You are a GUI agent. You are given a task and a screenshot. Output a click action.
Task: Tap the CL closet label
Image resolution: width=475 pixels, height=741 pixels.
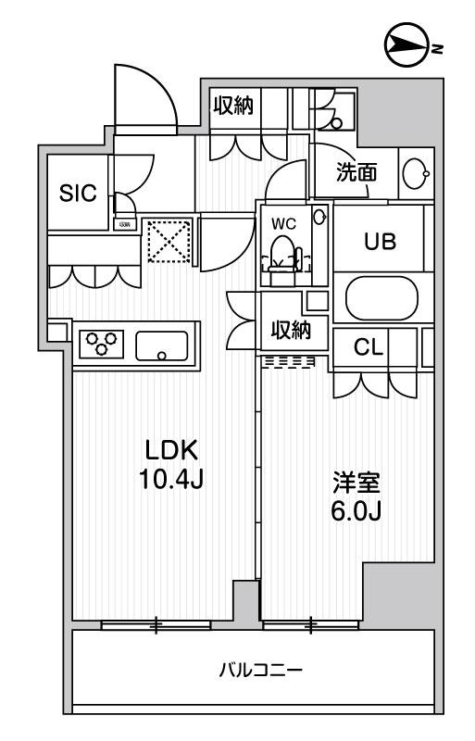(370, 347)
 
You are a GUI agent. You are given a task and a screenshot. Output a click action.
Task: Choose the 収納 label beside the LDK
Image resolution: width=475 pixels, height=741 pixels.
(291, 330)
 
